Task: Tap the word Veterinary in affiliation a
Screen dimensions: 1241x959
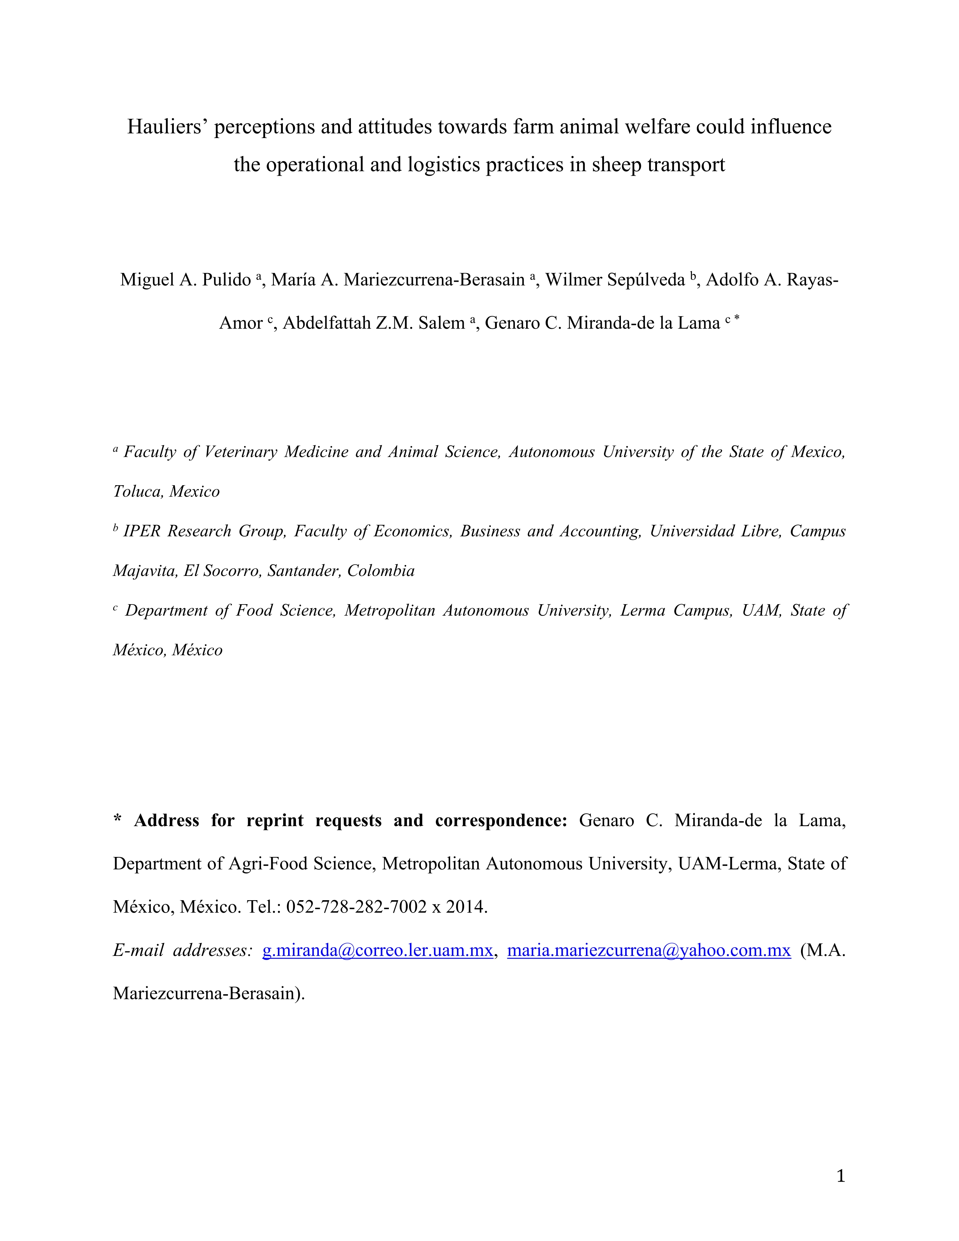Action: (241, 452)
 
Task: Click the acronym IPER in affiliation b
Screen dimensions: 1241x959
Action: (141, 531)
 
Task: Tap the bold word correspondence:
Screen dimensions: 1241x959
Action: (501, 820)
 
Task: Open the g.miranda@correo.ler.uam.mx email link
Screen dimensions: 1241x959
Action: (377, 950)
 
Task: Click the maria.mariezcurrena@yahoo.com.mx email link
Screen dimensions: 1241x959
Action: (648, 950)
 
